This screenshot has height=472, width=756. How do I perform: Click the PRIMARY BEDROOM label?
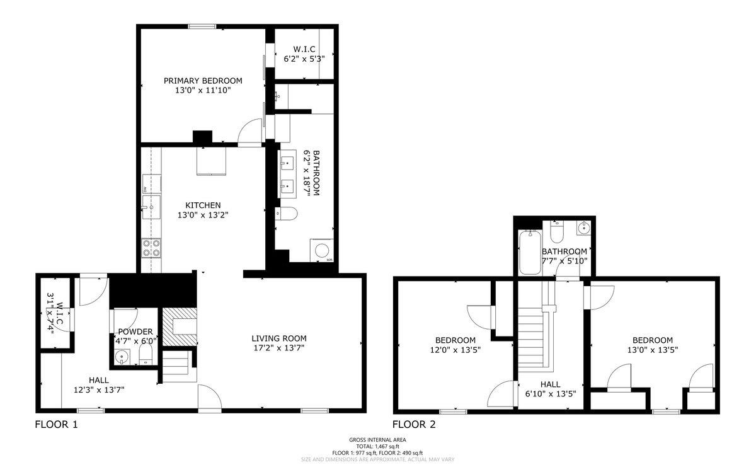click(x=203, y=81)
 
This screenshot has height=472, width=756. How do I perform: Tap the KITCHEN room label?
click(x=203, y=205)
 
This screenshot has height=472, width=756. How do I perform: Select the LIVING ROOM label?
click(x=279, y=338)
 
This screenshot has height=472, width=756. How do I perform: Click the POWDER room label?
click(x=135, y=331)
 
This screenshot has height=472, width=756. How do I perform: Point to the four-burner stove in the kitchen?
click(x=151, y=248)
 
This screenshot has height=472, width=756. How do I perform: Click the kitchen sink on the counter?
click(x=151, y=207)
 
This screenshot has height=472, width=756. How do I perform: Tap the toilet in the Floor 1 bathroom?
click(x=286, y=214)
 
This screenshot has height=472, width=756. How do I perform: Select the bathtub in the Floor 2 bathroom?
click(x=530, y=253)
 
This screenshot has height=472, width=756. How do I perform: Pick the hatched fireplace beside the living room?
click(x=180, y=327)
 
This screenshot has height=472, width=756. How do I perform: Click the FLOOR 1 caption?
click(x=56, y=424)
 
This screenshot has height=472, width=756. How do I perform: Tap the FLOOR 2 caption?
click(x=414, y=424)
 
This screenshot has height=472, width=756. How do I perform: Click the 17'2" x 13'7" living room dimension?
click(x=279, y=348)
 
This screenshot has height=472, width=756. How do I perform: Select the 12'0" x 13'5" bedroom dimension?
click(x=455, y=350)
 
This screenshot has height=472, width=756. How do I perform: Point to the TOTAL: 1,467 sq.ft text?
click(x=377, y=446)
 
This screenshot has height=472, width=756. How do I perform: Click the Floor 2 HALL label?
click(x=551, y=384)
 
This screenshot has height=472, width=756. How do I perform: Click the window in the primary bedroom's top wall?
click(x=202, y=26)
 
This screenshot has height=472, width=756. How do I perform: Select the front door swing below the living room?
click(x=210, y=398)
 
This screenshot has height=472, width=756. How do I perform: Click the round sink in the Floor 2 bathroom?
click(x=583, y=228)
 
